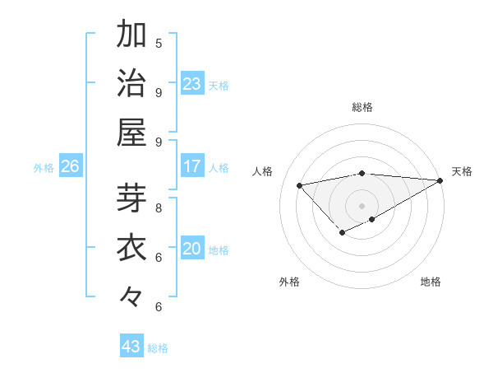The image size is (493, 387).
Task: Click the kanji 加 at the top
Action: [131, 35]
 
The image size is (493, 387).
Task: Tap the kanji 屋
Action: [131, 132]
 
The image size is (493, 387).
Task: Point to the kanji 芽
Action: [131, 198]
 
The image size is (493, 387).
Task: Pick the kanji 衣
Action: [131, 248]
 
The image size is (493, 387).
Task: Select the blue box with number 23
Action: [192, 84]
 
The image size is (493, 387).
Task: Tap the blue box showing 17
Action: [192, 166]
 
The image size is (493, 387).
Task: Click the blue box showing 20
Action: [192, 249]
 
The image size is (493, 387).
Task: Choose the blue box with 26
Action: [71, 166]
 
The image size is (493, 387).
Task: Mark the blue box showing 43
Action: [131, 347]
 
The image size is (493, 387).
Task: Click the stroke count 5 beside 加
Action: [159, 43]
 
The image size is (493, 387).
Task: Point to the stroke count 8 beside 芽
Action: [159, 207]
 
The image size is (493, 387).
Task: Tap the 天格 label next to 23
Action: [219, 85]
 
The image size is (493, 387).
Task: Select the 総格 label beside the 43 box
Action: [158, 347]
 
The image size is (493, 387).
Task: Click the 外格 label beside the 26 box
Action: [44, 167]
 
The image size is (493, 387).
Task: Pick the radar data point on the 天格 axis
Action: [441, 181]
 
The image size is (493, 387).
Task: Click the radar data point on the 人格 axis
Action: [300, 185]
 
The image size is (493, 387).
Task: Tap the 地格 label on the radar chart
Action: [431, 282]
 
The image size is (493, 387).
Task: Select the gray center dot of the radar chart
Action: [362, 205]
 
